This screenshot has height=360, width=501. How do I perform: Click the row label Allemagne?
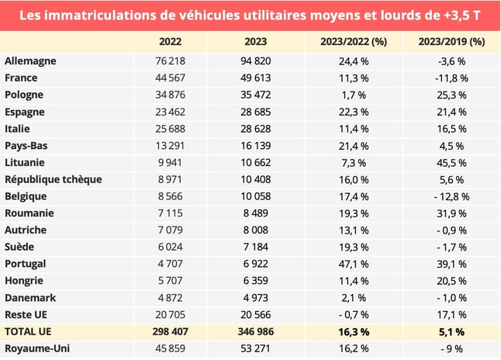30,61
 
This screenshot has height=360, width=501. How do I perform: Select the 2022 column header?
170,41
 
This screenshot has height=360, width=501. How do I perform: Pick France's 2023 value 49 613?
258,78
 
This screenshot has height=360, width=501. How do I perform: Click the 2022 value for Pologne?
170,95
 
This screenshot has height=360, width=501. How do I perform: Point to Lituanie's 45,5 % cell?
452,162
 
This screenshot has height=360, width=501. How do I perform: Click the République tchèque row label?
53,179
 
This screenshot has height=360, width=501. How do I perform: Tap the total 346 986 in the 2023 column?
258,331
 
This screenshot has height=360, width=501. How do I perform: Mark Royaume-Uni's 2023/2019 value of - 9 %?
452,348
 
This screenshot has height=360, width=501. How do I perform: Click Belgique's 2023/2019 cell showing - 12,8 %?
452,196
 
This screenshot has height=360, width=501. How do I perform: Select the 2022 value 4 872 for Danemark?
170,298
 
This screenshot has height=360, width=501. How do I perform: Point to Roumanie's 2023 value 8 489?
258,213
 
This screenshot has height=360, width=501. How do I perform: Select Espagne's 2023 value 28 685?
258,112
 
